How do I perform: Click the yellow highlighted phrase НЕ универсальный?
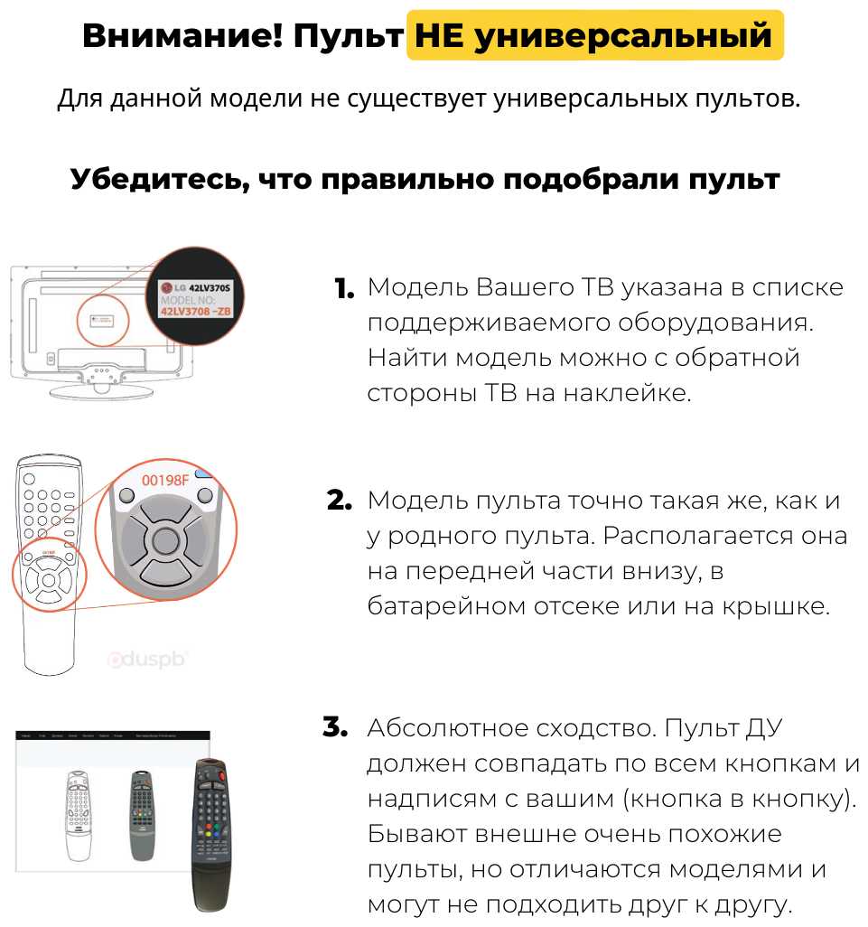(594, 36)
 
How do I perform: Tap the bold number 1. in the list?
(344, 289)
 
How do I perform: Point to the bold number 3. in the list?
(335, 728)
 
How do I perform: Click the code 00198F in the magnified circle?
(165, 480)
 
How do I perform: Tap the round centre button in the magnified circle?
(165, 541)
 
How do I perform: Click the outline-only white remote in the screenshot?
(79, 816)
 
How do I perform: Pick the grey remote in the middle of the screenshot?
(140, 814)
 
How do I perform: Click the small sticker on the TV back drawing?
(102, 318)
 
